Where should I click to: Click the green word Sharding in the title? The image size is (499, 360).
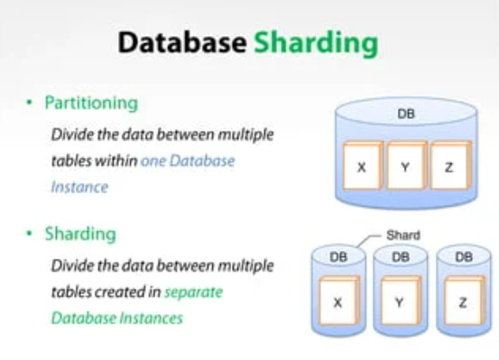(x=315, y=44)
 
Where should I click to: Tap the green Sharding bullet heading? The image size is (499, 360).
(x=81, y=234)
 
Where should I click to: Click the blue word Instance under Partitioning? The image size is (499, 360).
(x=79, y=187)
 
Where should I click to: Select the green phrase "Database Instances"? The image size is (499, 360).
(x=116, y=318)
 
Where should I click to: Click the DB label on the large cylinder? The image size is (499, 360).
(x=407, y=115)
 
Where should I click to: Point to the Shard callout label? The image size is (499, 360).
(x=403, y=235)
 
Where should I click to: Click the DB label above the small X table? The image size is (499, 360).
(x=338, y=257)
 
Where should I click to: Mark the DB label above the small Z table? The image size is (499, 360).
(x=464, y=257)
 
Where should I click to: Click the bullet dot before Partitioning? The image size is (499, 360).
(x=30, y=104)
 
